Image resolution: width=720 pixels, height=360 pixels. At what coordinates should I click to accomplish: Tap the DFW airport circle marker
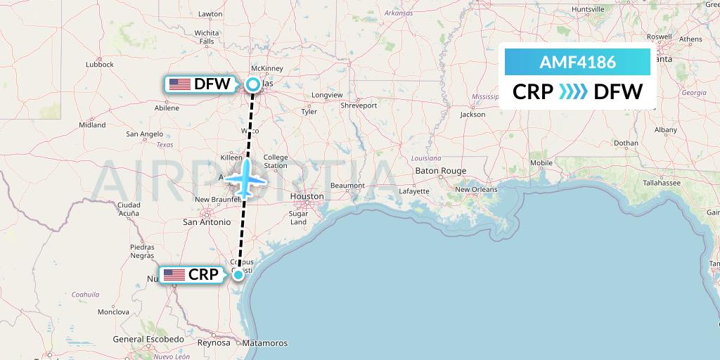coord(252,85)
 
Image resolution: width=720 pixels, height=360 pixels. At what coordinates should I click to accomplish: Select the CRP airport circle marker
coord(238,274)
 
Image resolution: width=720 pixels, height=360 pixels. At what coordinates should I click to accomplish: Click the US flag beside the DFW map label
coord(180,84)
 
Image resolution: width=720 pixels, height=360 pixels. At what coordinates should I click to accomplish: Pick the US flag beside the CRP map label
coord(174,274)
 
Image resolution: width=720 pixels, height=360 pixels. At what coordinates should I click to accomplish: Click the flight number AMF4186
coord(577,62)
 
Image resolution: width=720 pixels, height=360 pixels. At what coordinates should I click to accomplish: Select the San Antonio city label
coord(206,221)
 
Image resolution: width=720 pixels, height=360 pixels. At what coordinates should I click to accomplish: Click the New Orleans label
coord(476,189)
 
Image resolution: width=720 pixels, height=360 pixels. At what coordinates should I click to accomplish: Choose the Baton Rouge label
coord(441,171)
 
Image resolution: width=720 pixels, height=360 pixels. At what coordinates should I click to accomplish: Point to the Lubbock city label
coord(99,64)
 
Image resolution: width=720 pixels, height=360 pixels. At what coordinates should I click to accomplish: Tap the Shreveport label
coord(359,105)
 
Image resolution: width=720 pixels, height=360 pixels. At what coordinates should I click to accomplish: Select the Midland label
coord(92,124)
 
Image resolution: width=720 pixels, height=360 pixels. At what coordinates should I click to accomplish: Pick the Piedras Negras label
coord(142,251)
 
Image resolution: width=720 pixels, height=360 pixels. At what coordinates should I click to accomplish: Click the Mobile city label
coord(541,163)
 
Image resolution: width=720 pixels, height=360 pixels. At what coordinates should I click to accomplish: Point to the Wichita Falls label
coord(207,37)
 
